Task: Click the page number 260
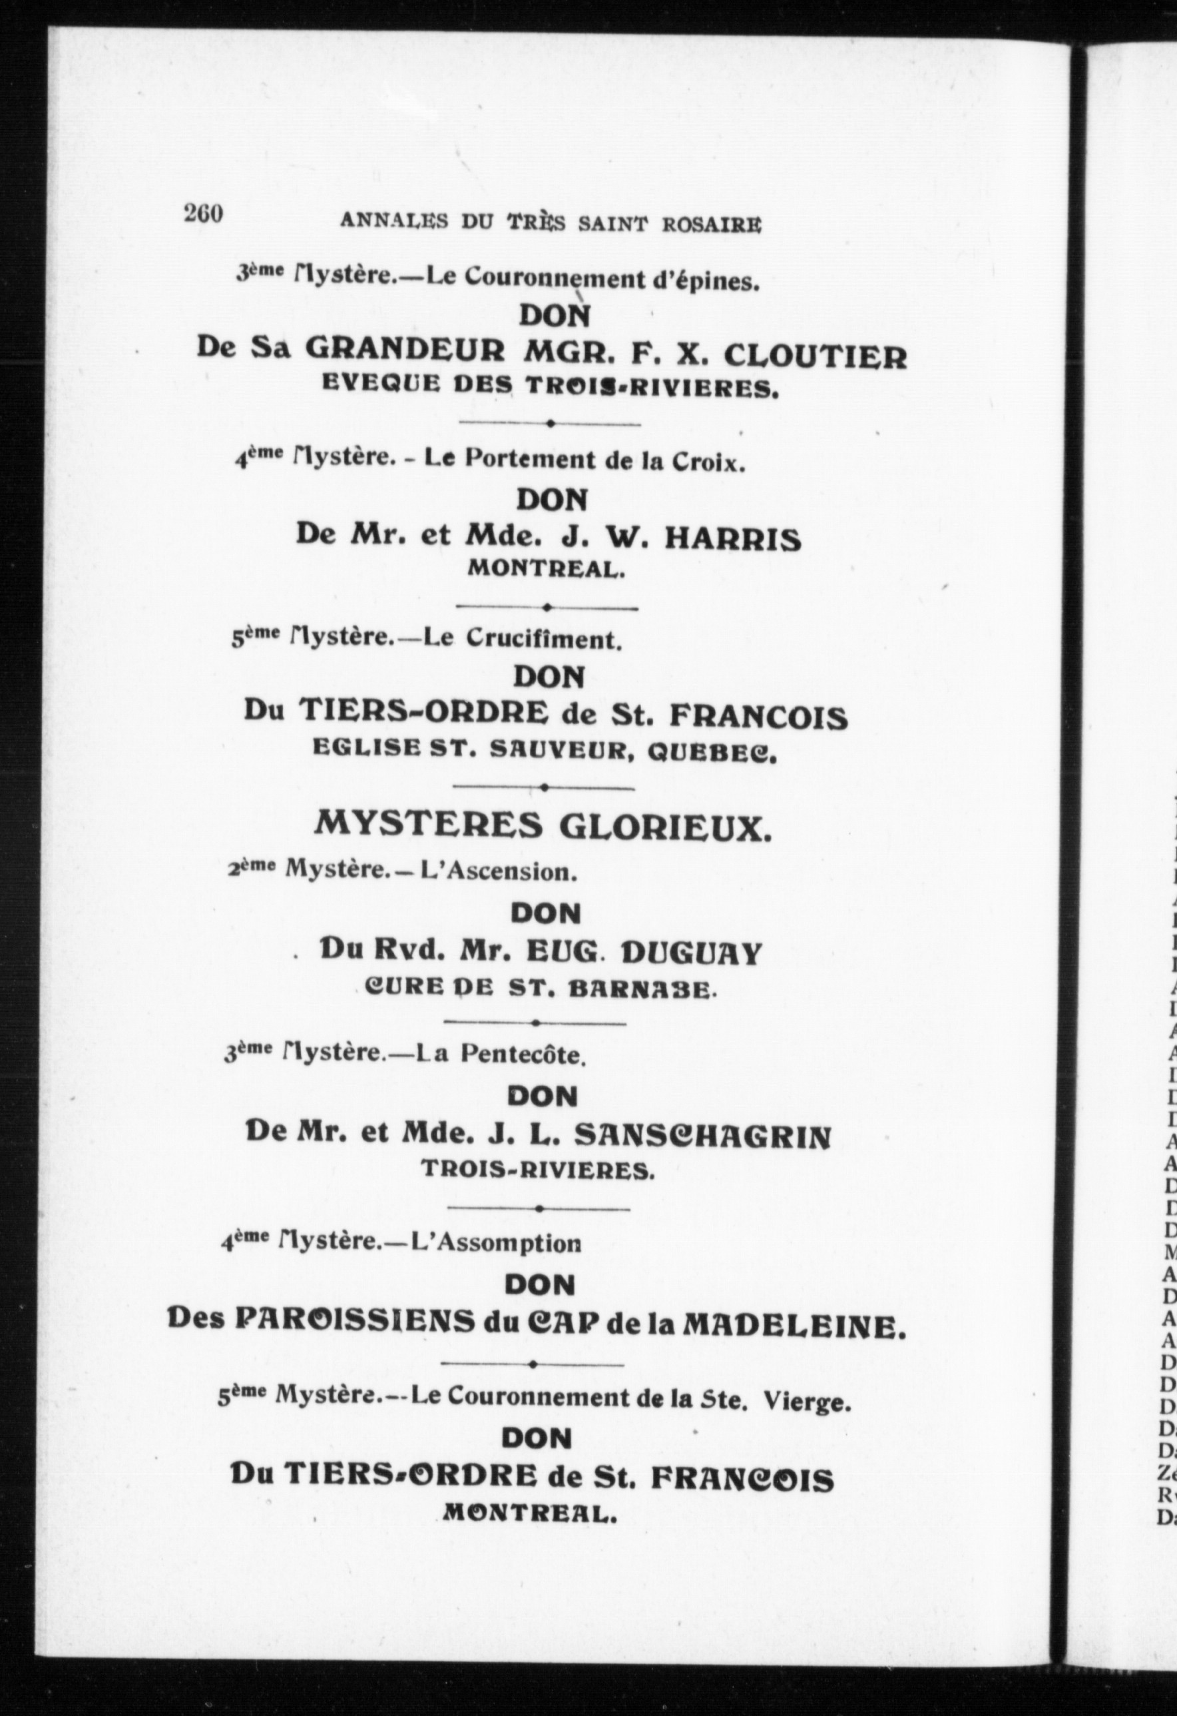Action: (203, 213)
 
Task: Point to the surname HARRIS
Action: (732, 540)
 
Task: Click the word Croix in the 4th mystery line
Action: (708, 462)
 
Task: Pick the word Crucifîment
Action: (544, 640)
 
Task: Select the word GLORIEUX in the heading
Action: (666, 826)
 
